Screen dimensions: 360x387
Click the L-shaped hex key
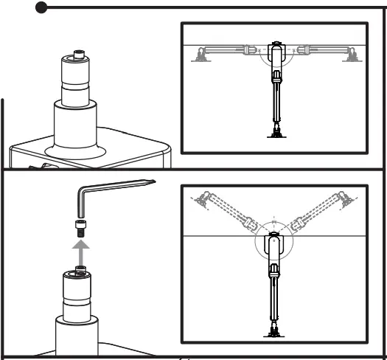click(x=83, y=198)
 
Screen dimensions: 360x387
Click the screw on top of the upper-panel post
click(x=76, y=55)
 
